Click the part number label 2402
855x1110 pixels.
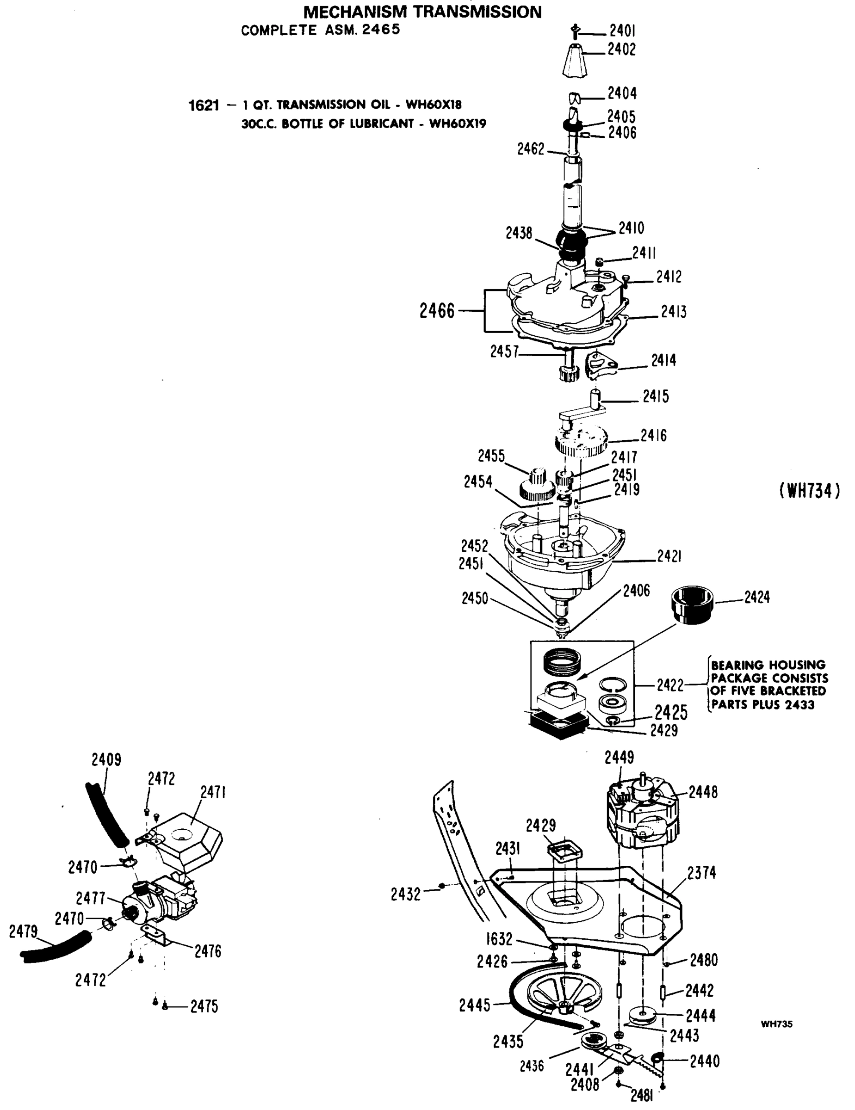(x=621, y=50)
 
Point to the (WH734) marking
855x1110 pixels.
(x=809, y=491)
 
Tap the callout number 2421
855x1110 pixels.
(x=669, y=556)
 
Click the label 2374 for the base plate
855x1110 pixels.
(x=701, y=873)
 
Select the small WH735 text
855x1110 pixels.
(x=776, y=1024)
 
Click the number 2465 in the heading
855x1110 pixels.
(x=381, y=30)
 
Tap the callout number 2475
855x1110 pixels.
(x=204, y=1006)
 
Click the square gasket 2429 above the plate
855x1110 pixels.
(x=565, y=850)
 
